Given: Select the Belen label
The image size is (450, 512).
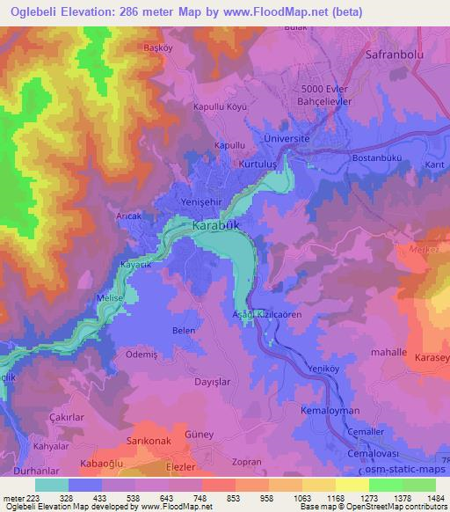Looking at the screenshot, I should (x=183, y=331).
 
